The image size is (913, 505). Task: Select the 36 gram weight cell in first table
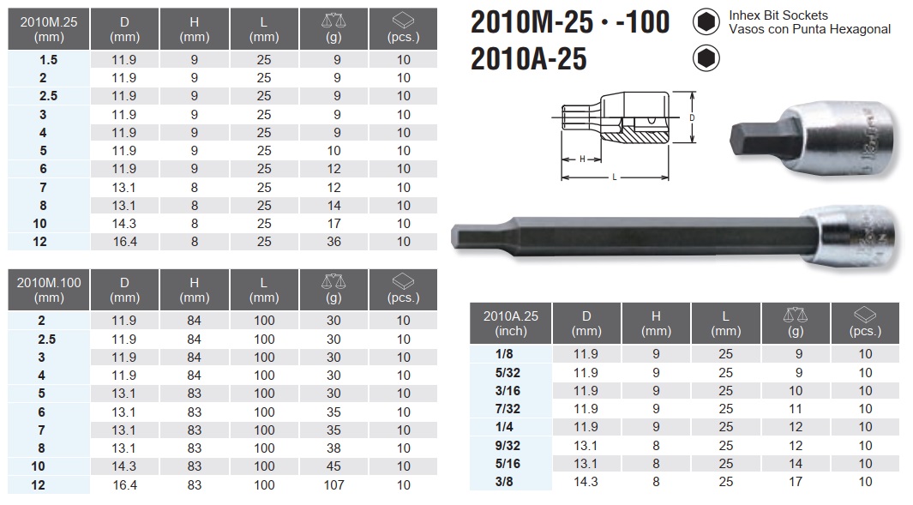pyautogui.click(x=334, y=242)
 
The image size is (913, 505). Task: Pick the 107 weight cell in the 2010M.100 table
pyautogui.click(x=334, y=485)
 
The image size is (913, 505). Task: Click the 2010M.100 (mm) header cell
pyautogui.click(x=49, y=290)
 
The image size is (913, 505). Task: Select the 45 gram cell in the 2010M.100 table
pyautogui.click(x=334, y=467)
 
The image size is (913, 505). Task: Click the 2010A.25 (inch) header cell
pyautogui.click(x=511, y=323)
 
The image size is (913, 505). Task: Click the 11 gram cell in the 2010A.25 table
pyautogui.click(x=795, y=409)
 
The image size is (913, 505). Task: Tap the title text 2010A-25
pyautogui.click(x=529, y=58)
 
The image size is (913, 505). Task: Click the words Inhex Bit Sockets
pyautogui.click(x=778, y=15)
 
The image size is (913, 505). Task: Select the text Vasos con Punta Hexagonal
pyautogui.click(x=809, y=29)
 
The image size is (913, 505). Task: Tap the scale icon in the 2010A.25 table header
pyautogui.click(x=795, y=315)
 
